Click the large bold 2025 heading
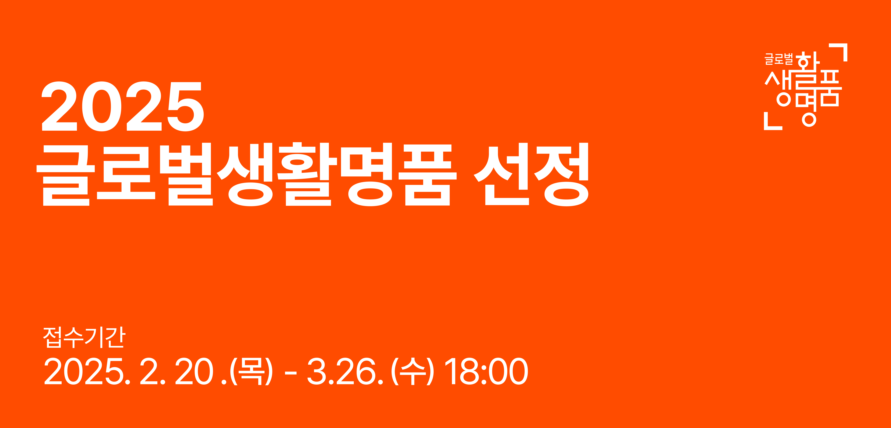[x=122, y=106]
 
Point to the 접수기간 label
[x=84, y=337]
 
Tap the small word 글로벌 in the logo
[x=779, y=59]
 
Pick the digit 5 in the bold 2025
[x=186, y=106]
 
